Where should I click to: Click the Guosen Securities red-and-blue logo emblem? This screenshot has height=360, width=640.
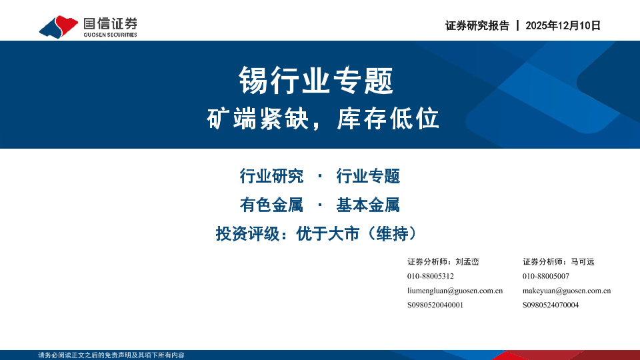[59, 27]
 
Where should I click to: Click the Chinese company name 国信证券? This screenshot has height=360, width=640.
[110, 23]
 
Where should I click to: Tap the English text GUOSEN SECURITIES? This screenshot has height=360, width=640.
[110, 35]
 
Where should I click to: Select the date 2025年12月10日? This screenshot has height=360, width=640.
[563, 26]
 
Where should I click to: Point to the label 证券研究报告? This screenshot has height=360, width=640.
[477, 26]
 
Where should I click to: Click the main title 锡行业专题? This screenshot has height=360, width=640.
[316, 81]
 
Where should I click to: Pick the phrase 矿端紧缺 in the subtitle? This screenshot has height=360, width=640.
[257, 119]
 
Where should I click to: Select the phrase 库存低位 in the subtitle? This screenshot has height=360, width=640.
[388, 119]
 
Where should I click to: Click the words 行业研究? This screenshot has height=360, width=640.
[271, 176]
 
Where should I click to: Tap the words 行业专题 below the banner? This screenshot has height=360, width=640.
[368, 176]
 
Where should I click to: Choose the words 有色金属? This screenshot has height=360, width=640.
[271, 205]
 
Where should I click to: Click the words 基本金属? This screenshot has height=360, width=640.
[368, 205]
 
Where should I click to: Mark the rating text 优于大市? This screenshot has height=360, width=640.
[328, 234]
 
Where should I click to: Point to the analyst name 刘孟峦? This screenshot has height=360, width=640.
[467, 261]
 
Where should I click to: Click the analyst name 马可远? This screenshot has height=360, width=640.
[583, 261]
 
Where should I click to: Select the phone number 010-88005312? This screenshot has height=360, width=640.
[431, 276]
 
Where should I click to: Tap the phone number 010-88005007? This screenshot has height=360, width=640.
[546, 276]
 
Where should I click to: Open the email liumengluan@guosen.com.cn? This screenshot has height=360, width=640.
[455, 291]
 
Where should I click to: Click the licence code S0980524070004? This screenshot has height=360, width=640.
[551, 305]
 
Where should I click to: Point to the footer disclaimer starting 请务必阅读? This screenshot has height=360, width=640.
[111, 355]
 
